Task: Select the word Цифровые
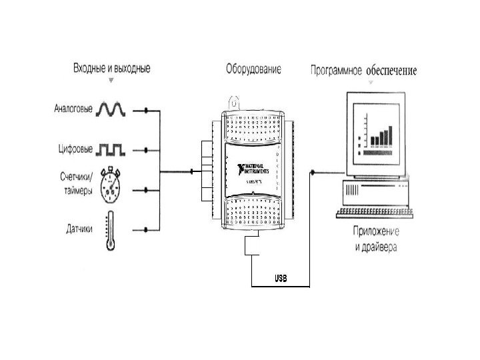(73, 149)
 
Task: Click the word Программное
(336, 69)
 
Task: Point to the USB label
(280, 277)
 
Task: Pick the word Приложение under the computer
(376, 231)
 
